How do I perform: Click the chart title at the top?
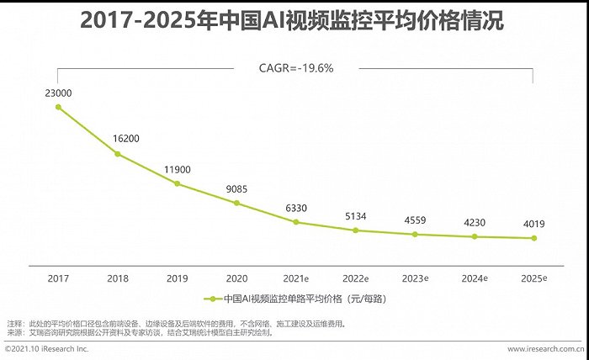[294, 21]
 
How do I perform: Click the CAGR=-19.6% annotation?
[295, 68]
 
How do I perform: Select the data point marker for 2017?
[58, 107]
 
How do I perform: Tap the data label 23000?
[58, 93]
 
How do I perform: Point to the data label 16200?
[118, 139]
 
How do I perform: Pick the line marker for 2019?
[177, 183]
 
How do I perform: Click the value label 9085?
[236, 188]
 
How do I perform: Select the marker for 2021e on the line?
[296, 222]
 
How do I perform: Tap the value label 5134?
[355, 216]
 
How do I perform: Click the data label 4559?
[415, 220]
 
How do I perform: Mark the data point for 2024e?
[475, 236]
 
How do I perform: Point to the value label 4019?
[533, 224]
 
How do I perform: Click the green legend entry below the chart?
[294, 299]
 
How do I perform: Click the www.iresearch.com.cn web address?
[544, 348]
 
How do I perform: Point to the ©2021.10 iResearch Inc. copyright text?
[46, 348]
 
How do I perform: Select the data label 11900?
[177, 169]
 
